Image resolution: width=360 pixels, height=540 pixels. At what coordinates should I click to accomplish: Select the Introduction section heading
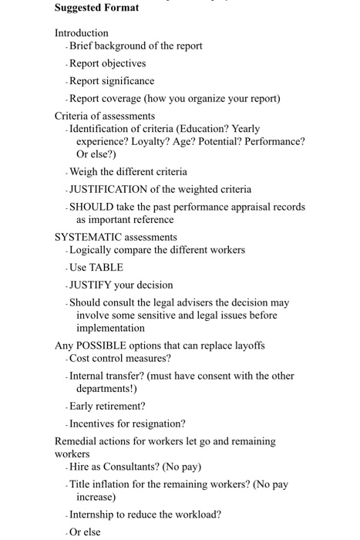pos(81,33)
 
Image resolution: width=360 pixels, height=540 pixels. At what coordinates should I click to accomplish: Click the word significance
pos(126,81)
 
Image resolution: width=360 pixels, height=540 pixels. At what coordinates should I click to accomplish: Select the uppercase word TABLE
pos(106,267)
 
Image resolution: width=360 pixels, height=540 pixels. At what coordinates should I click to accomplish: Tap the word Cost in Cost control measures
pos(80,359)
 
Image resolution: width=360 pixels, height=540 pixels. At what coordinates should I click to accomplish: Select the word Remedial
pos(77,441)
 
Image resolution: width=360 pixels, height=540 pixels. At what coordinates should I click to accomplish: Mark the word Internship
pos(95,515)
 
